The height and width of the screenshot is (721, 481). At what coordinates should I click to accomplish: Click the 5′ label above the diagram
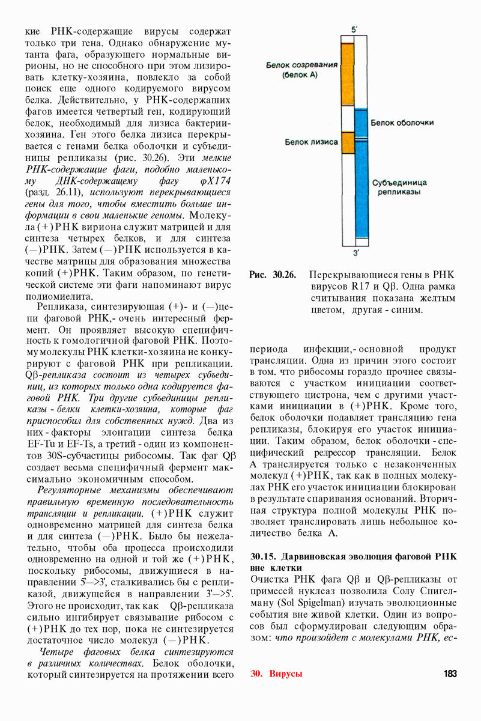click(x=354, y=29)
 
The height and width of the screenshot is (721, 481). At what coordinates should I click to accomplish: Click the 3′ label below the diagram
click(x=355, y=252)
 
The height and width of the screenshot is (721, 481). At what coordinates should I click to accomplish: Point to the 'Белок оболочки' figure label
click(x=402, y=123)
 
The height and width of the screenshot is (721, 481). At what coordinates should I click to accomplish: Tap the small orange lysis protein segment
click(x=347, y=142)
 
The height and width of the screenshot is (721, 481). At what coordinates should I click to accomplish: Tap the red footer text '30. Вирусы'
click(x=277, y=674)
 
